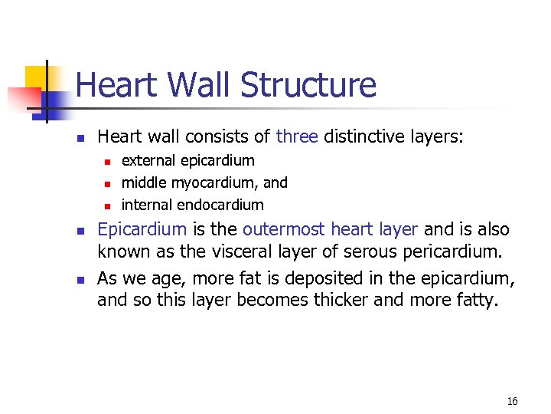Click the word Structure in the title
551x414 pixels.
308,85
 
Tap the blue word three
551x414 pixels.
298,136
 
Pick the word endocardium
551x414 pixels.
220,205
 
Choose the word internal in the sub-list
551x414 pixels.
147,205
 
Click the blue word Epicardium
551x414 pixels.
142,228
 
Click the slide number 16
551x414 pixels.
512,401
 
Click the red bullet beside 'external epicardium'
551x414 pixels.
108,161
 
